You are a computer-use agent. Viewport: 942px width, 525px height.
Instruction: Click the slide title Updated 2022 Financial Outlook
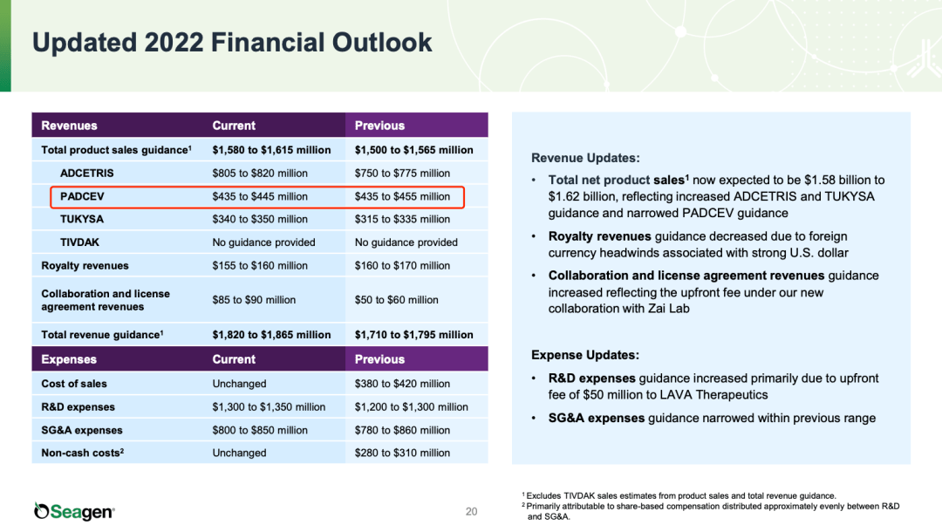[x=232, y=42]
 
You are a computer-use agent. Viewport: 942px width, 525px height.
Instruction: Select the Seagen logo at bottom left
[x=74, y=511]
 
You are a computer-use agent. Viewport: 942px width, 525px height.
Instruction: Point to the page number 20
[x=471, y=512]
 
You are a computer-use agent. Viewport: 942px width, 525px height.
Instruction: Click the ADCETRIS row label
[x=86, y=173]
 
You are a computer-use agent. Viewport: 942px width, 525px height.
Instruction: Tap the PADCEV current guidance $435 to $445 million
[x=260, y=196]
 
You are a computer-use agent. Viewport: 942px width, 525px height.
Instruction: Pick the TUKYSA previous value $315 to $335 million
[x=402, y=219]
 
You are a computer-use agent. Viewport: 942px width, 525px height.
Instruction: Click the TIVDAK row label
[x=81, y=242]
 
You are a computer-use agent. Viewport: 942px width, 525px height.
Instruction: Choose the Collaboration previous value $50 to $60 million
[x=396, y=300]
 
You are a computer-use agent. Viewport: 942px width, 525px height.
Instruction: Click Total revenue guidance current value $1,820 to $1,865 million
[x=271, y=334]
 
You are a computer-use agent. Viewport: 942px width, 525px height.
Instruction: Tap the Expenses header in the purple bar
[x=69, y=359]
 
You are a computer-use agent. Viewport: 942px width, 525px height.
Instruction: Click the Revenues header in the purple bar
[x=69, y=126]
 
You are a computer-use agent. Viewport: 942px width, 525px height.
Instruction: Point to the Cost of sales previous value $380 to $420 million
[x=402, y=384]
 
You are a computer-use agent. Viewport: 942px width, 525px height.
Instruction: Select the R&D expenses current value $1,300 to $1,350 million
[x=269, y=406]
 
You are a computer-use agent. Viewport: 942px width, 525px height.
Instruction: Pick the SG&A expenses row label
[x=82, y=430]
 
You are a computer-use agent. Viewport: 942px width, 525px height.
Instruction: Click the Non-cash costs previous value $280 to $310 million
[x=402, y=453]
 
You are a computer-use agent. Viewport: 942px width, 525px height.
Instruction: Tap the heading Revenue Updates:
[x=585, y=158]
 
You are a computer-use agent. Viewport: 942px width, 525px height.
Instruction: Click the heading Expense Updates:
[x=585, y=355]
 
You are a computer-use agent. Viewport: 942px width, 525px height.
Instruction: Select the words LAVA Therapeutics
[x=693, y=394]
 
